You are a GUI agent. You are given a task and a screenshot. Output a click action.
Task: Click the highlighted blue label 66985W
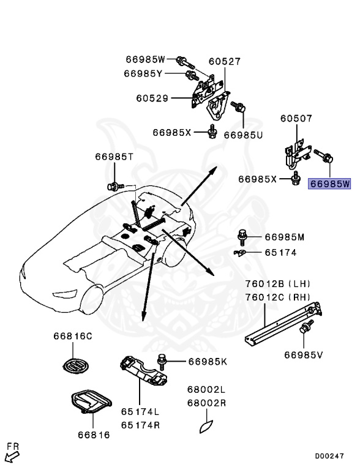(330, 184)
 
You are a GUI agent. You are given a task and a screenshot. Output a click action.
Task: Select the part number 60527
(224, 62)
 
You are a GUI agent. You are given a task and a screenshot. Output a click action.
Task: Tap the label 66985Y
(143, 73)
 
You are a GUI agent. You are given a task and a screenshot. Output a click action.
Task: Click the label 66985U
(243, 135)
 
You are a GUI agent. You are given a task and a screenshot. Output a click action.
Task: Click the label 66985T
(114, 157)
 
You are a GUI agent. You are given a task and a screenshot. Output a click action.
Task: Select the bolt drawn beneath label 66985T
(113, 184)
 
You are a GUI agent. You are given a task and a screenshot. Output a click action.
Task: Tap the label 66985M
(284, 237)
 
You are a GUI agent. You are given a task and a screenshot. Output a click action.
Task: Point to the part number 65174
(280, 252)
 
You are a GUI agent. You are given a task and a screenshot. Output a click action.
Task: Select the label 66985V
(304, 354)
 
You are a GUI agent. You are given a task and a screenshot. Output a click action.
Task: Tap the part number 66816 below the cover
(94, 435)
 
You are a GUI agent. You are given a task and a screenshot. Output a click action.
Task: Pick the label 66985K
(208, 362)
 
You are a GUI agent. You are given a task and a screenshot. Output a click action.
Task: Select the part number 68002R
(206, 403)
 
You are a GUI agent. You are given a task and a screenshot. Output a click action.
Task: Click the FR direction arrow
(12, 454)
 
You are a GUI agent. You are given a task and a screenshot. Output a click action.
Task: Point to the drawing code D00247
(330, 456)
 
